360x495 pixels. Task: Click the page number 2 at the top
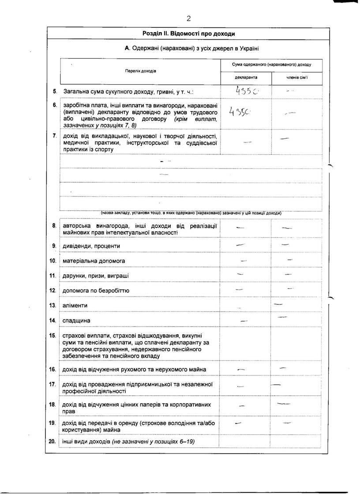pos(188,18)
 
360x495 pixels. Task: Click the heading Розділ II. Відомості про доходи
pos(188,34)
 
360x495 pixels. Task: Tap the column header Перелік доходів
pos(140,71)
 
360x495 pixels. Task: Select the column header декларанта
pos(246,77)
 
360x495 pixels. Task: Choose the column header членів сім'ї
pos(296,77)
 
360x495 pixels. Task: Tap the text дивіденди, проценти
pos(92,246)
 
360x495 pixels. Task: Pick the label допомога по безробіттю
pos(96,291)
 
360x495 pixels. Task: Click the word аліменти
pos(75,305)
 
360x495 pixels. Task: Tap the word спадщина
pos(77,320)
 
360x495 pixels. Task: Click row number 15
pos(52,336)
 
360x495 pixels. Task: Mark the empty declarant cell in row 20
pos(245,441)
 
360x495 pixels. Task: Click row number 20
pos(52,441)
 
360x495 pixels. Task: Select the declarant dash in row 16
pos(241,369)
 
